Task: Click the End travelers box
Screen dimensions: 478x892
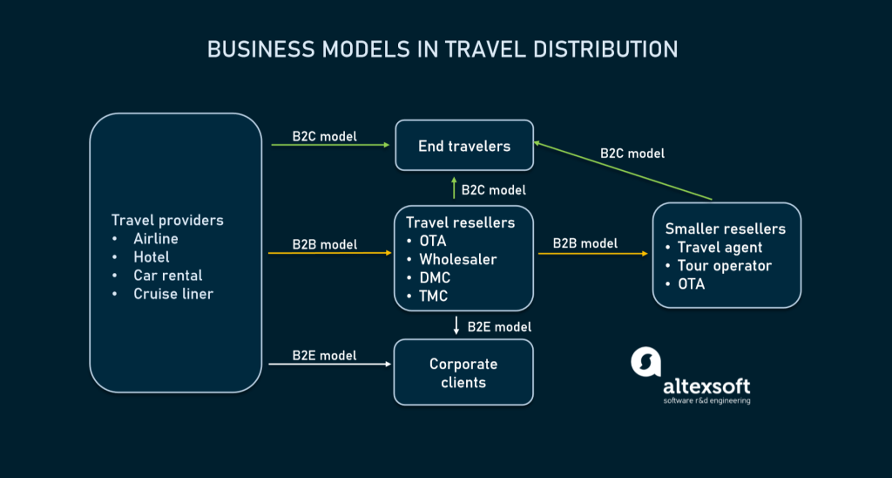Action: click(463, 146)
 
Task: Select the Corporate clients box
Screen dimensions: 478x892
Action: click(463, 372)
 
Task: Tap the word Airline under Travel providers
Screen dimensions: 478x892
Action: click(155, 238)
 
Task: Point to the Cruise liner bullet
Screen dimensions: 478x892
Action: click(172, 294)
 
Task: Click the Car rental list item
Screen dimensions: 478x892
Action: click(167, 276)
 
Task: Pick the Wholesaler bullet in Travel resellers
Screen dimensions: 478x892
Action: click(457, 259)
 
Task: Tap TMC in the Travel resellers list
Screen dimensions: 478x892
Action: click(434, 296)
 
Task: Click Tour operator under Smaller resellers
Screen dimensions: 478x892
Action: click(724, 266)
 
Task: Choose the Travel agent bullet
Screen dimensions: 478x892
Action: click(720, 248)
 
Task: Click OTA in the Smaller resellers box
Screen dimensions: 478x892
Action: click(692, 284)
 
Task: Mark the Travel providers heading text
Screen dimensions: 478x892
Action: click(167, 220)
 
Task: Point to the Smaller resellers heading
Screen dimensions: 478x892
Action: click(725, 229)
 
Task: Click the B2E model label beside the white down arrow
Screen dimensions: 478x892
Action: click(499, 326)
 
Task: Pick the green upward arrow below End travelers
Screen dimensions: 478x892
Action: click(454, 187)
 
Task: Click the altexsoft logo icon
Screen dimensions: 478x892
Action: click(645, 363)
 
